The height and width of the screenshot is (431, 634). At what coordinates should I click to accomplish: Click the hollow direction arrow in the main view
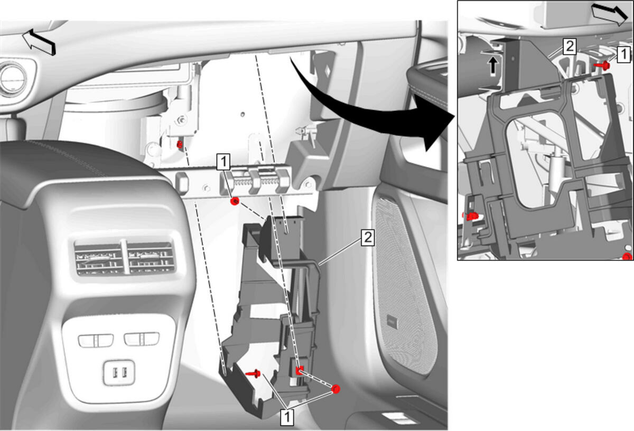[x=39, y=42]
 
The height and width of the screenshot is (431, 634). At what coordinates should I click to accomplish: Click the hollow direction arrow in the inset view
[x=609, y=14]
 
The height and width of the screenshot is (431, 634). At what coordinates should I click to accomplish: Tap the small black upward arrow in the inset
[x=493, y=65]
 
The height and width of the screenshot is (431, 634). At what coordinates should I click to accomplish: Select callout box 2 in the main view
[x=368, y=237]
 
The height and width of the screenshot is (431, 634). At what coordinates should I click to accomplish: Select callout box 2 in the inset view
[x=569, y=46]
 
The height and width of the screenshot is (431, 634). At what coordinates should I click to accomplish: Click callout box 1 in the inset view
[x=623, y=54]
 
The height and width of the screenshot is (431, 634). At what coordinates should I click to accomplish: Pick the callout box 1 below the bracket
[x=287, y=417]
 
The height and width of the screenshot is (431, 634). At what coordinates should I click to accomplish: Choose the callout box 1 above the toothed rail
[x=223, y=162]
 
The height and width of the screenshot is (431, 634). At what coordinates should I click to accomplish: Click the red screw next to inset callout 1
[x=602, y=65]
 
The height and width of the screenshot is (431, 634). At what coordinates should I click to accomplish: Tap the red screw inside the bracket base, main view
[x=253, y=373]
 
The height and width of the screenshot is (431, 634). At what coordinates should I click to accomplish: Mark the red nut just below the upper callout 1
[x=235, y=201]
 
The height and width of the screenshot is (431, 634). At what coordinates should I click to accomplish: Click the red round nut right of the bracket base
[x=335, y=389]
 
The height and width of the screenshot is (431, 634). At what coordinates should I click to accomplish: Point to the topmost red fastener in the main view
[x=180, y=145]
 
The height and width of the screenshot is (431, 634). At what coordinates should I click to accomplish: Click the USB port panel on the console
[x=119, y=373]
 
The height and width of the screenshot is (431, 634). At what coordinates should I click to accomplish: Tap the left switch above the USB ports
[x=96, y=340]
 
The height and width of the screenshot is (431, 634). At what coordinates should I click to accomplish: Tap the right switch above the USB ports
[x=142, y=339]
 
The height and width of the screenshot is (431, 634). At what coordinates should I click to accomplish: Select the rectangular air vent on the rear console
[x=125, y=258]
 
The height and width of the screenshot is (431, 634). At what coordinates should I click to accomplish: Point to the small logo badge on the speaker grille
[x=392, y=322]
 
